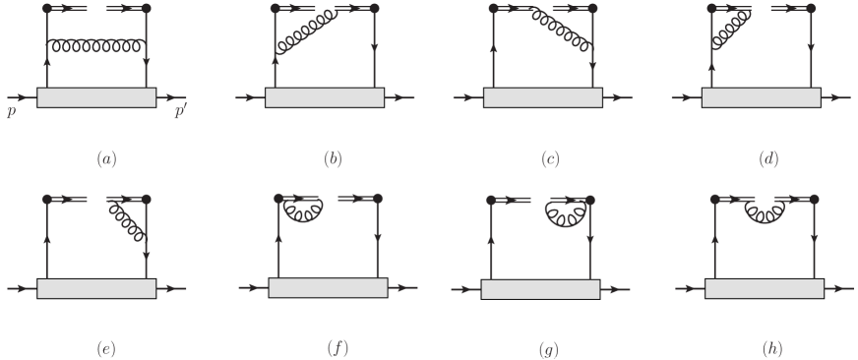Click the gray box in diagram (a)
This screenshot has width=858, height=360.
96,98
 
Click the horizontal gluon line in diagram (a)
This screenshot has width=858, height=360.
96,44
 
